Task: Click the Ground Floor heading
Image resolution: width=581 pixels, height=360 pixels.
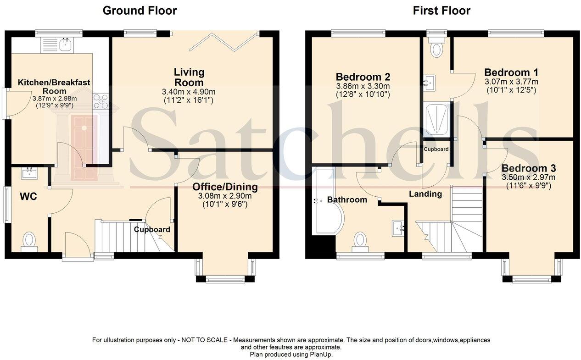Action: (x=140, y=10)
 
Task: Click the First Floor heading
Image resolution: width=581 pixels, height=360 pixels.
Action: (x=441, y=10)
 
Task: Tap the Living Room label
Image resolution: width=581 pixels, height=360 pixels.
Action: (x=189, y=77)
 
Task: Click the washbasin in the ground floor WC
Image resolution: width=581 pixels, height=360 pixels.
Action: (x=30, y=173)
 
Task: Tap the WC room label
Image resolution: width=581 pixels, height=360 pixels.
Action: (x=28, y=197)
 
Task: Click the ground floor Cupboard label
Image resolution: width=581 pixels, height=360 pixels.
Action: (x=152, y=229)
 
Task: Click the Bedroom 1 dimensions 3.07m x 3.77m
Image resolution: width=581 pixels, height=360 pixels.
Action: (x=511, y=82)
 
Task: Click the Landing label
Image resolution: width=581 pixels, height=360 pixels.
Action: (x=425, y=194)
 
